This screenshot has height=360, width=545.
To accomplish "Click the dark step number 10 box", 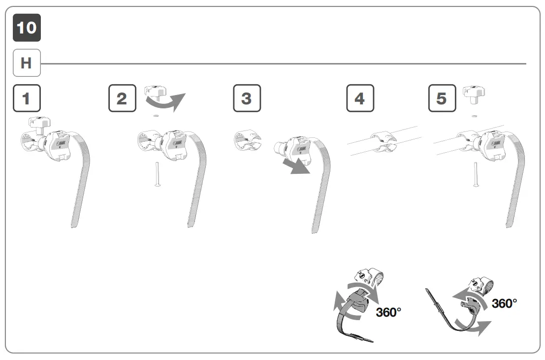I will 27,28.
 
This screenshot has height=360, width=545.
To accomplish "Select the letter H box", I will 27,63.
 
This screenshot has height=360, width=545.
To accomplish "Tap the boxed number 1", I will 27,98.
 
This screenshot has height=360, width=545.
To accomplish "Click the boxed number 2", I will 122,98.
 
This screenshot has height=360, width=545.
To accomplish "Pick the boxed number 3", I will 247,98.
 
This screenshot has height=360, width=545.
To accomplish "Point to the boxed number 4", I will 360,98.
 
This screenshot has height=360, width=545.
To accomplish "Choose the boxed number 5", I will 442,98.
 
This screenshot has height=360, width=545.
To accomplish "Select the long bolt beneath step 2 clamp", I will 157,175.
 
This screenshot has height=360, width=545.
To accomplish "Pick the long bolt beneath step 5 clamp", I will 476,175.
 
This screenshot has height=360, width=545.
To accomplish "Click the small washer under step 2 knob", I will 156,116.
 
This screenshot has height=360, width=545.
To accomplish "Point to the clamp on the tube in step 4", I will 384,141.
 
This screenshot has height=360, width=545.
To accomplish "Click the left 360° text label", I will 389,312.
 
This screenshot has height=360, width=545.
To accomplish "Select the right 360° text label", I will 505,303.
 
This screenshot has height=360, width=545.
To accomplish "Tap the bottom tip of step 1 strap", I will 73,226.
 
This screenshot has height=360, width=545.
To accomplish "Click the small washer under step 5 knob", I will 475,116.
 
